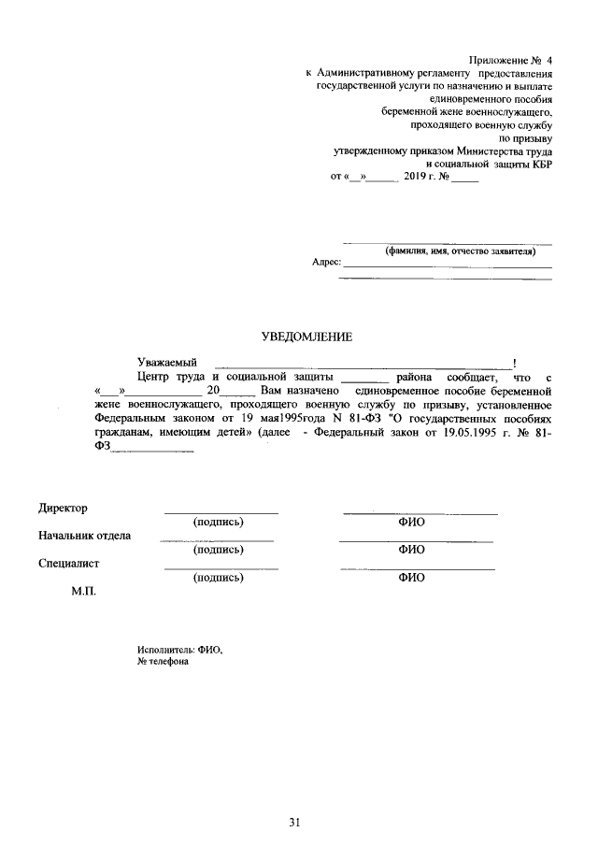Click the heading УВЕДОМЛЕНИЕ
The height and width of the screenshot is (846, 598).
click(x=299, y=336)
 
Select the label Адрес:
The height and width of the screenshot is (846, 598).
click(x=326, y=264)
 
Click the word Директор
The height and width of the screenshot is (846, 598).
click(x=63, y=508)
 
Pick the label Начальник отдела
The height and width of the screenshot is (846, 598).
click(x=84, y=536)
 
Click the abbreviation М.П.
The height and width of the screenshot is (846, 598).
click(x=84, y=592)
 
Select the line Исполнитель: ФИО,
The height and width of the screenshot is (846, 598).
click(x=180, y=649)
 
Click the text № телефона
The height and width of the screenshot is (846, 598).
click(x=163, y=661)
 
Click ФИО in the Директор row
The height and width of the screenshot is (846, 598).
click(x=411, y=523)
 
